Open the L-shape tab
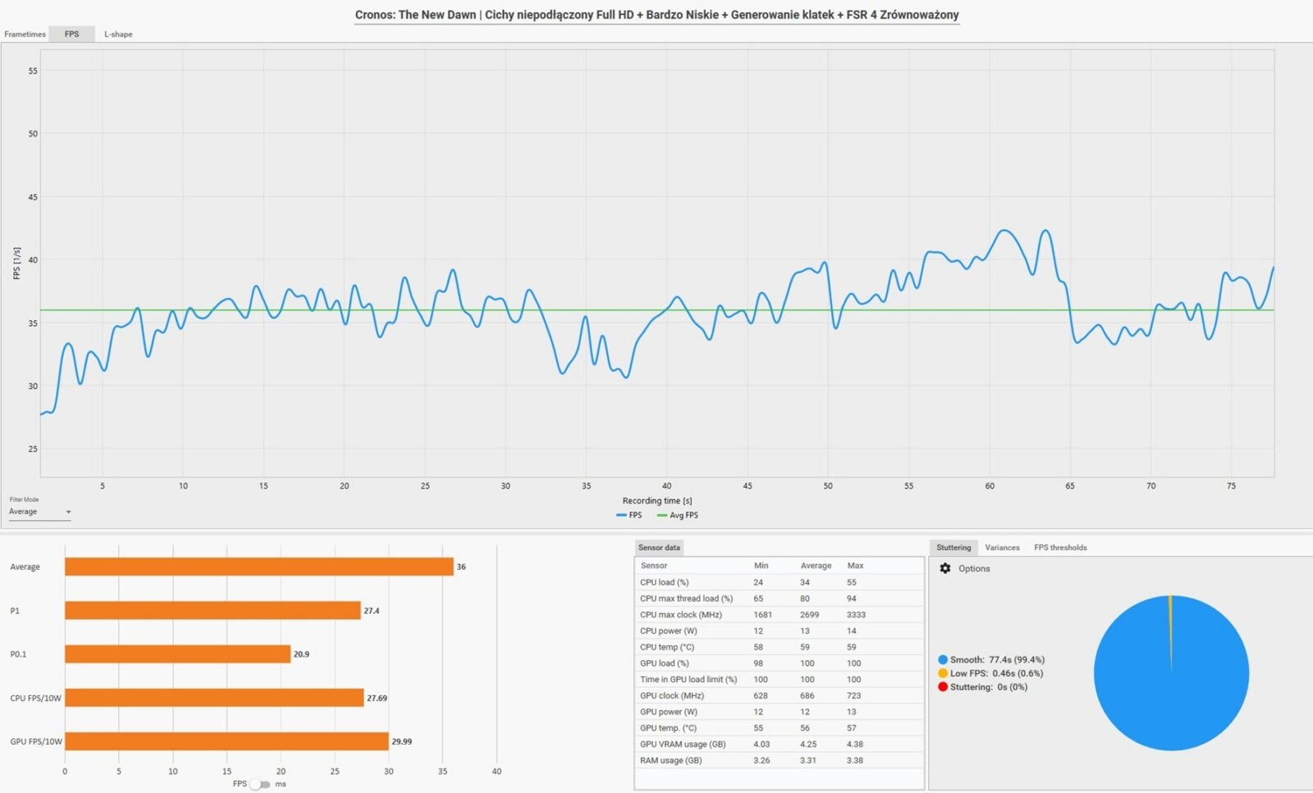point(118,34)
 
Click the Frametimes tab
point(25,34)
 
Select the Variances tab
point(1002,548)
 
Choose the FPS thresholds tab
point(1060,548)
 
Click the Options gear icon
point(945,568)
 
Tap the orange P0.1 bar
point(177,654)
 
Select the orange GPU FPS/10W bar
point(226,741)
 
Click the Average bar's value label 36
point(461,567)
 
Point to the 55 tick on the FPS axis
point(33,71)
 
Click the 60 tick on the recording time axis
point(990,486)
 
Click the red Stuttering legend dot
point(943,687)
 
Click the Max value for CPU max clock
point(856,615)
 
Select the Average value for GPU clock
point(807,695)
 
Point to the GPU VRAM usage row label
point(683,745)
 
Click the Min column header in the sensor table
point(761,566)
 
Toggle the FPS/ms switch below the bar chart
point(259,784)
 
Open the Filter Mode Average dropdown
point(39,512)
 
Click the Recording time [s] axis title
point(656,501)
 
